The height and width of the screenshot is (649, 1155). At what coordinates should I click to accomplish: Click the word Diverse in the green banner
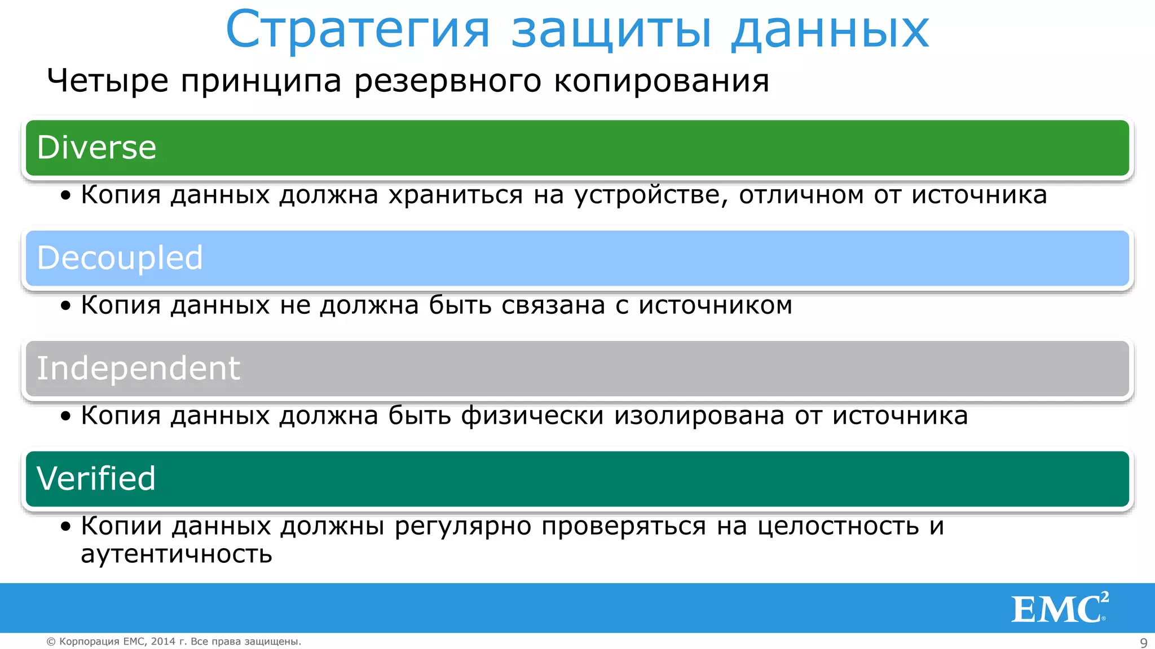click(x=96, y=148)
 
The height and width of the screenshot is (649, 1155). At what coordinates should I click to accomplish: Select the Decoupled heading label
click(x=120, y=258)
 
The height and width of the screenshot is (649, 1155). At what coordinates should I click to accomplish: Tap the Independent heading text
click(x=138, y=368)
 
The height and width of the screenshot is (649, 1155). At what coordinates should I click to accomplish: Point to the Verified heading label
click(x=96, y=479)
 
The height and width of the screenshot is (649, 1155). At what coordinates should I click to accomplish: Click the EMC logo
click(x=1059, y=608)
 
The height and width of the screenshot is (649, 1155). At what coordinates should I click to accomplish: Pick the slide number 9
click(x=1144, y=643)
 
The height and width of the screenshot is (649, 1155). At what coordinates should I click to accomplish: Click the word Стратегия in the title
click(x=358, y=30)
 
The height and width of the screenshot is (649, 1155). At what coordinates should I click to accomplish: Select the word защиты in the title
click(x=611, y=30)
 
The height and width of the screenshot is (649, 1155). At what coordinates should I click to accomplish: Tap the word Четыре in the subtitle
click(x=108, y=81)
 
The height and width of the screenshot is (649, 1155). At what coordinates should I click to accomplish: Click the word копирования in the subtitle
click(x=662, y=81)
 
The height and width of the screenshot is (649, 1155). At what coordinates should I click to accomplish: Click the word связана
click(x=553, y=305)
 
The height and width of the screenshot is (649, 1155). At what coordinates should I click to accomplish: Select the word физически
click(x=532, y=416)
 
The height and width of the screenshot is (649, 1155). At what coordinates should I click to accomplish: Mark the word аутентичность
click(x=177, y=554)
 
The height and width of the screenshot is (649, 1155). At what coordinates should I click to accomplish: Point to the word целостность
click(x=838, y=526)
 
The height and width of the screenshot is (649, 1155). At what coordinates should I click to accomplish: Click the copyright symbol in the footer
click(x=51, y=642)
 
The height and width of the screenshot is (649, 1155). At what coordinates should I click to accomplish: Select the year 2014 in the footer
click(x=163, y=642)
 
